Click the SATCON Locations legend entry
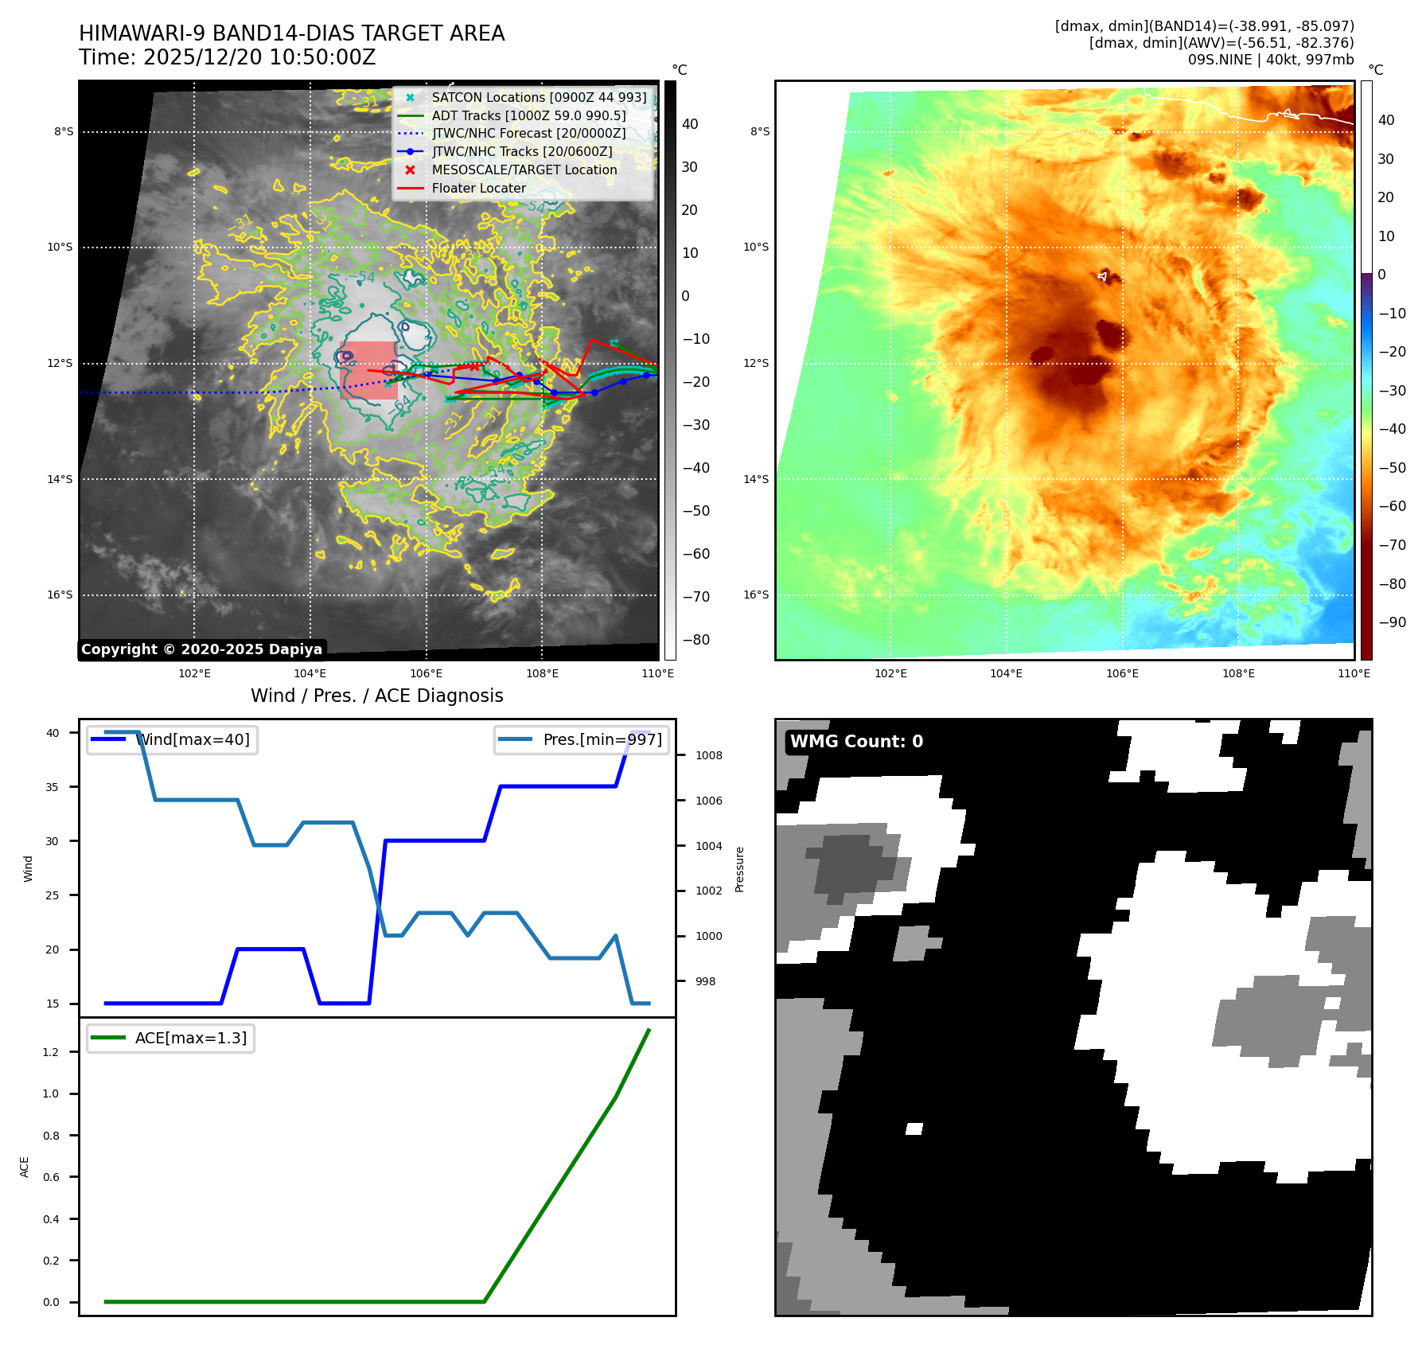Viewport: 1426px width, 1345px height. pyautogui.click(x=539, y=97)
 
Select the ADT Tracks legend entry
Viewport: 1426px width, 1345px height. pyautogui.click(x=528, y=115)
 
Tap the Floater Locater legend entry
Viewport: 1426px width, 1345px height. pyautogui.click(x=478, y=188)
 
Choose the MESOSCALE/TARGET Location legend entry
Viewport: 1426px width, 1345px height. pyautogui.click(x=524, y=170)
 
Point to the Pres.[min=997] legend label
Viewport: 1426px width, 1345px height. pyautogui.click(x=602, y=739)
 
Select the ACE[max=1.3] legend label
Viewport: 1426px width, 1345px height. pyautogui.click(x=190, y=1038)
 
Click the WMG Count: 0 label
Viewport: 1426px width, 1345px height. pyautogui.click(x=856, y=742)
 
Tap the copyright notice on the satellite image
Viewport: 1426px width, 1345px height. pyautogui.click(x=201, y=649)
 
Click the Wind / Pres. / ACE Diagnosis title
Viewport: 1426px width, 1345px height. pyautogui.click(x=376, y=696)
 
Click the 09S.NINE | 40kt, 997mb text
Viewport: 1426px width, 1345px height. pyautogui.click(x=1270, y=60)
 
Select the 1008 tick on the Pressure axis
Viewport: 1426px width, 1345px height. pyautogui.click(x=708, y=755)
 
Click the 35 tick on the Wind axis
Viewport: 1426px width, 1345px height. pyautogui.click(x=53, y=787)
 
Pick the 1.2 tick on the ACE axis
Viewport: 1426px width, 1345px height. pyautogui.click(x=51, y=1052)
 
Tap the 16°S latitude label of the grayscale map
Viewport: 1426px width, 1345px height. pyautogui.click(x=60, y=595)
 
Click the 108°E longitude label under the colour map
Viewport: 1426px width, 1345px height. pyautogui.click(x=1238, y=673)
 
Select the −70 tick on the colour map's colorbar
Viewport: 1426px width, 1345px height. pyautogui.click(x=1392, y=545)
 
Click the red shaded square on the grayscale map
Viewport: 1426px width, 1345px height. pyautogui.click(x=368, y=370)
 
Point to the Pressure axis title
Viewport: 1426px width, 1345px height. pyautogui.click(x=739, y=869)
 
